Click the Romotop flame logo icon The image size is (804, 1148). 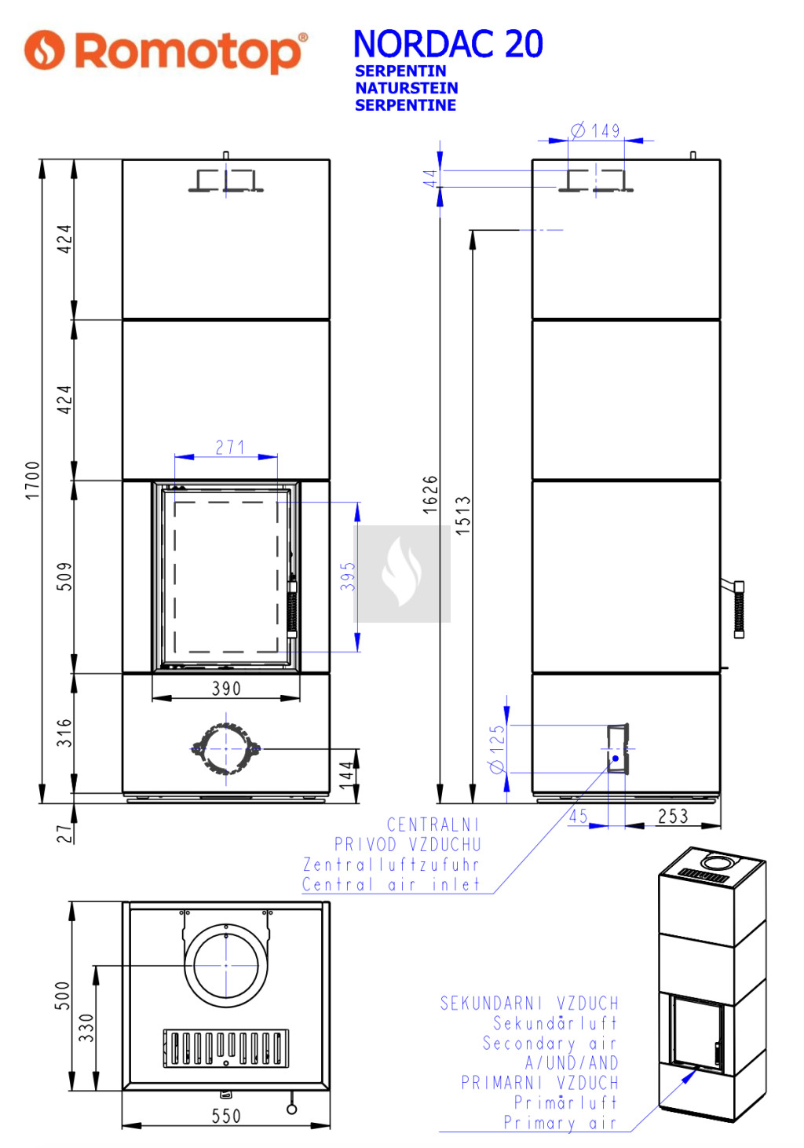(x=45, y=49)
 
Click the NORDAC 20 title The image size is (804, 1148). (x=448, y=44)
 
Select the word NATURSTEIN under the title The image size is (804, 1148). (x=407, y=88)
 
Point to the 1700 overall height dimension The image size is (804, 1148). (x=32, y=481)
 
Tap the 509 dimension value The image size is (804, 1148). (x=64, y=576)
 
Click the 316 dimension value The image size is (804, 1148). (x=64, y=733)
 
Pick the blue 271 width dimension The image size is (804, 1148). (x=229, y=448)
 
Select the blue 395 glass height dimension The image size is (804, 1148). (x=347, y=576)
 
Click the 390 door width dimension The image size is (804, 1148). (x=226, y=689)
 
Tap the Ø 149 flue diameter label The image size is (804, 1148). (x=595, y=130)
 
